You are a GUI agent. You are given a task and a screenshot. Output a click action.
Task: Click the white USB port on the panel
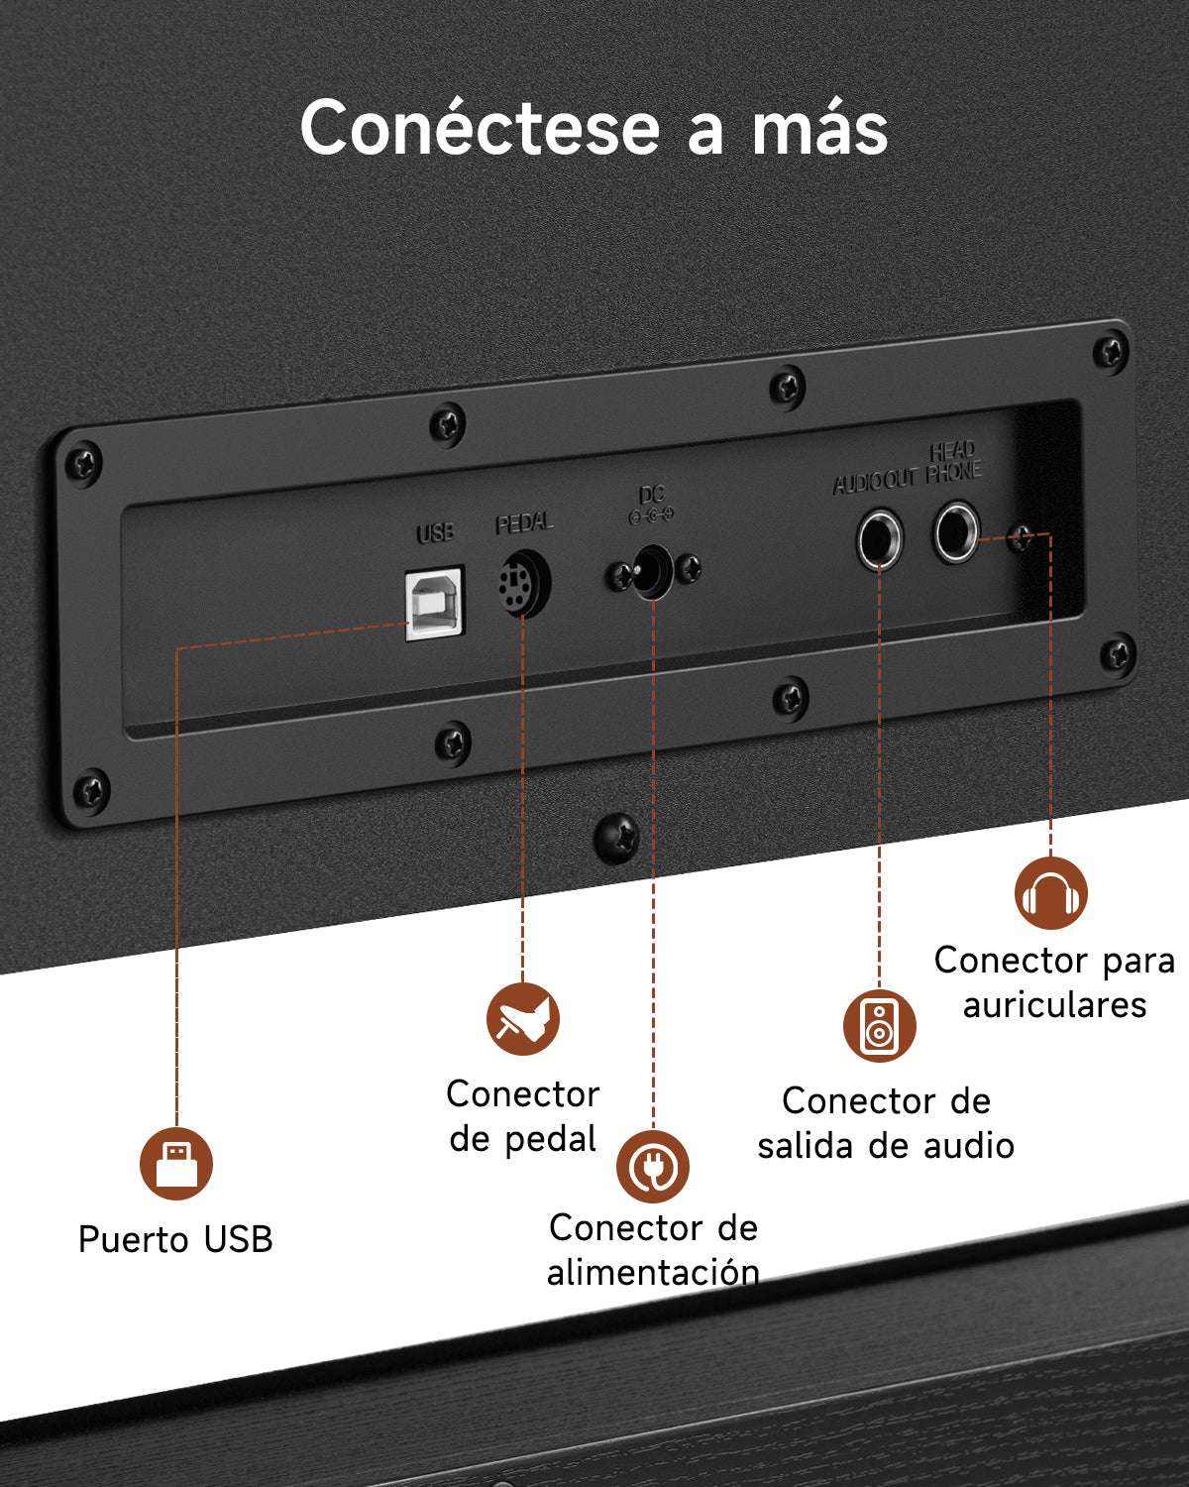(435, 603)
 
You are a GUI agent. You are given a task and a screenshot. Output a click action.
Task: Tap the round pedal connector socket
(524, 583)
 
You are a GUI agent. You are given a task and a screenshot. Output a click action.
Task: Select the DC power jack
(653, 572)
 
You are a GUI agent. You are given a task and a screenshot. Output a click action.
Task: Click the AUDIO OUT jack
(880, 539)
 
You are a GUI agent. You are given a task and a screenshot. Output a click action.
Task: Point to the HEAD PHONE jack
(956, 532)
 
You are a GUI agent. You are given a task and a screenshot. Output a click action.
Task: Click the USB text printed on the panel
(435, 532)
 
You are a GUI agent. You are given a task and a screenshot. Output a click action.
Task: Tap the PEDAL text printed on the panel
(524, 523)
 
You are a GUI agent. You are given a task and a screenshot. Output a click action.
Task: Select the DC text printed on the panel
(652, 495)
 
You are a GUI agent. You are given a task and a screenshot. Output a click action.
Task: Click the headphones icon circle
(1051, 893)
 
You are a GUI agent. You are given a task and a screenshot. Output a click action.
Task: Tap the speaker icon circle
(880, 1025)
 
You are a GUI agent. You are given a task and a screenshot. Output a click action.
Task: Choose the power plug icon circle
(653, 1167)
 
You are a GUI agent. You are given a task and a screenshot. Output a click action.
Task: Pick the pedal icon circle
(523, 1018)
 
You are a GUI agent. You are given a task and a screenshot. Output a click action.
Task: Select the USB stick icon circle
(176, 1164)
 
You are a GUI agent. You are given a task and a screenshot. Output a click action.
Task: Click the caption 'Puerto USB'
(175, 1239)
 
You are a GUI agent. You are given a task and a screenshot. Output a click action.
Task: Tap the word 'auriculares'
(1055, 1004)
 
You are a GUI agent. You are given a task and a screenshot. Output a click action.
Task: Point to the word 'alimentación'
(653, 1272)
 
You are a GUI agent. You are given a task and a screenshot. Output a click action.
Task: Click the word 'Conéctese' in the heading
(481, 128)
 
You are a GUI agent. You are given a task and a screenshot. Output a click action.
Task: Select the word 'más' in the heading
(819, 128)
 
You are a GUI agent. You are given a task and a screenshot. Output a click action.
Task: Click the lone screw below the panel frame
(616, 838)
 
